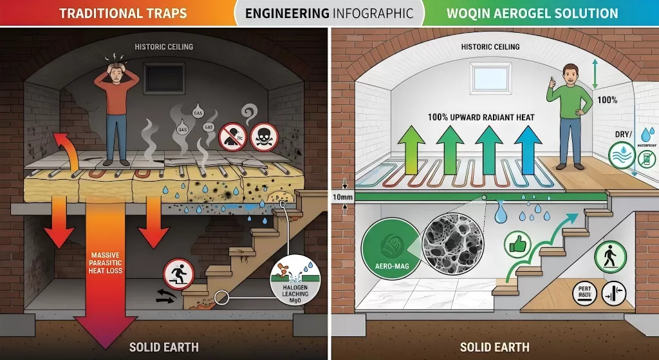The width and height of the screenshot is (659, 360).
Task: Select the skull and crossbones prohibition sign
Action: (263, 135)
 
